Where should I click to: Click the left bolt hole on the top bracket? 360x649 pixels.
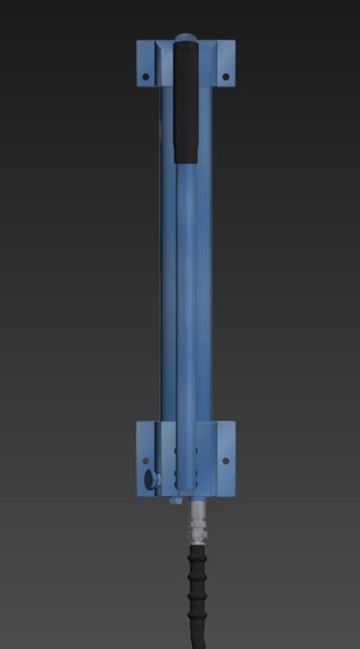145,76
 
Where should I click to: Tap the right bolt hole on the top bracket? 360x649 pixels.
226,76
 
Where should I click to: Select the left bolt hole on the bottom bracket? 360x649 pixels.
145,460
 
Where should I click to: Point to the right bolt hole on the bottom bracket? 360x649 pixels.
226,461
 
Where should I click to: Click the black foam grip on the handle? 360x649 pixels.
186,102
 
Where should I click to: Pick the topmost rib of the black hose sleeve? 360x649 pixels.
198,549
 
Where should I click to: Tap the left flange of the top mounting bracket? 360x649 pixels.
145,64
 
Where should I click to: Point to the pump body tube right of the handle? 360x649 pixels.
204,270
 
